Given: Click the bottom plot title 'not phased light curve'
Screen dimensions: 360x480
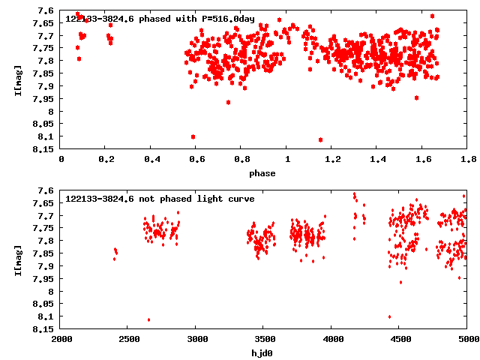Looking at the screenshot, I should (160, 199).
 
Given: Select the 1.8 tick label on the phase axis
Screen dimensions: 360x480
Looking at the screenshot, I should (467, 160).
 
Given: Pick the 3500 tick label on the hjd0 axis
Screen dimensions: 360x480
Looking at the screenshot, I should (264, 339).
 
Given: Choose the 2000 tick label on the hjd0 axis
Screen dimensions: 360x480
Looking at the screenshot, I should (61, 339).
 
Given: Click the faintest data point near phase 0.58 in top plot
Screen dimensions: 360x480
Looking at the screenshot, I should (193, 136).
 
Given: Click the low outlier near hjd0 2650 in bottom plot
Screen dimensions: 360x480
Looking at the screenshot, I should (148, 319).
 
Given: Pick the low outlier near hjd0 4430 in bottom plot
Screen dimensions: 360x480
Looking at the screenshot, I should (389, 316).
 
